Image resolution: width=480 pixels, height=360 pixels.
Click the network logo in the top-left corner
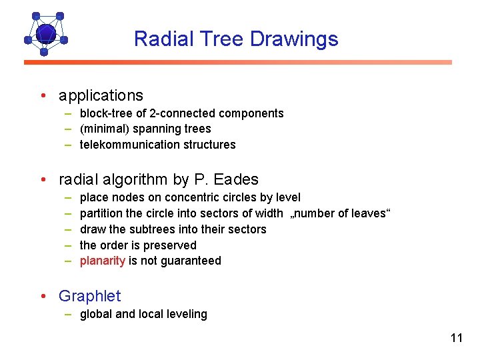point(45,33)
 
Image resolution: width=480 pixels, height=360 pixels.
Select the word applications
point(101,95)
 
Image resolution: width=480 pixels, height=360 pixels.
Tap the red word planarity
point(102,261)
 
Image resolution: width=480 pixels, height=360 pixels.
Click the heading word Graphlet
point(89,295)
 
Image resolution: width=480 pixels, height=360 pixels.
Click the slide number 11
point(456,338)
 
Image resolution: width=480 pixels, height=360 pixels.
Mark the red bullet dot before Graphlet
point(42,295)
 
